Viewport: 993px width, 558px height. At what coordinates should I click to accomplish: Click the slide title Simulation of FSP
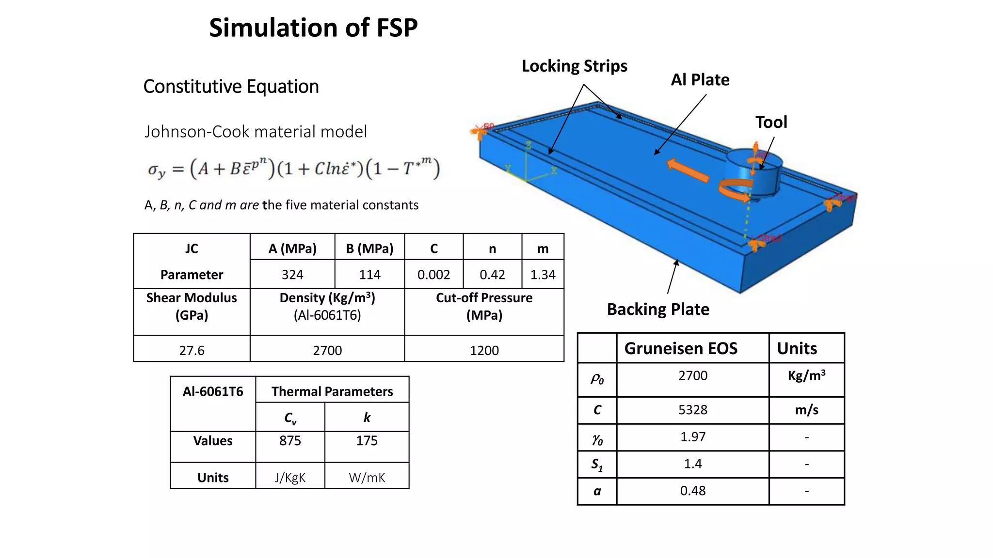[313, 28]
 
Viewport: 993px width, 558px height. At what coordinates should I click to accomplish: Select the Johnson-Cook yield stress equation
[294, 169]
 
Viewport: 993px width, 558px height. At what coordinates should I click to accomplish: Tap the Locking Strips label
[574, 66]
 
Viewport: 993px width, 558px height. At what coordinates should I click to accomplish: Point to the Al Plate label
[700, 80]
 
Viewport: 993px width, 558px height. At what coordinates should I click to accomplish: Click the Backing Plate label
[658, 310]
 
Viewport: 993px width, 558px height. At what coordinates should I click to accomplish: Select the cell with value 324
[292, 275]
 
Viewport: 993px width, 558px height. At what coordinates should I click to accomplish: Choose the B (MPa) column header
[369, 249]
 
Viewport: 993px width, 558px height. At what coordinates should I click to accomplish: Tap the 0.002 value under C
[433, 275]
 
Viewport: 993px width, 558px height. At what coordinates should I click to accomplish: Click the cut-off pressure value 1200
[484, 350]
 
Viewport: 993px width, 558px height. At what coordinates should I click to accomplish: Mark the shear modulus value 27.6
[192, 350]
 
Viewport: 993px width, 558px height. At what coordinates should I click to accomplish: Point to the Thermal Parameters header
[332, 391]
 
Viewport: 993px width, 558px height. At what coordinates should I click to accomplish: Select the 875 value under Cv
[290, 441]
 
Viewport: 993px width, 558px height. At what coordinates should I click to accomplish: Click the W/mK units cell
[367, 478]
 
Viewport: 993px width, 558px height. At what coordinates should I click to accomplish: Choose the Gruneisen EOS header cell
[681, 348]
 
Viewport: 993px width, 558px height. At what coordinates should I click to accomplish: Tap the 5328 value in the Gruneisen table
[692, 410]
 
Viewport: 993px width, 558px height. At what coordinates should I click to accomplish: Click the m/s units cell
[806, 410]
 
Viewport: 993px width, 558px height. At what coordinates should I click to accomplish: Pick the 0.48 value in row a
[692, 491]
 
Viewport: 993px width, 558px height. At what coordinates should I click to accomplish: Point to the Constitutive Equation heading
[231, 87]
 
